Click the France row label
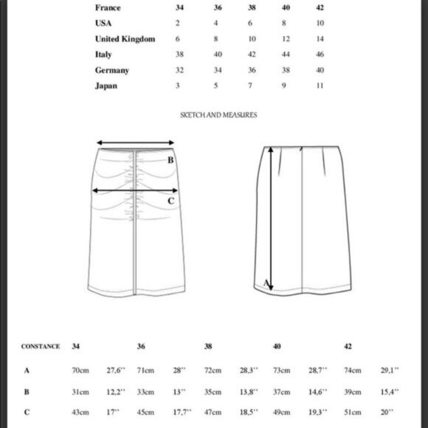108,7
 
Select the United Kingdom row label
125,38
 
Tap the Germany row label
112,70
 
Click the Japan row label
106,86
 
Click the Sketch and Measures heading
218,115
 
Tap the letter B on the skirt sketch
170,160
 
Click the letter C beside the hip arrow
171,200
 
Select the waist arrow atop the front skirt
133,144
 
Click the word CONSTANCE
40,346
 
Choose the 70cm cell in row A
80,370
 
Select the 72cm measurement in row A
213,370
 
